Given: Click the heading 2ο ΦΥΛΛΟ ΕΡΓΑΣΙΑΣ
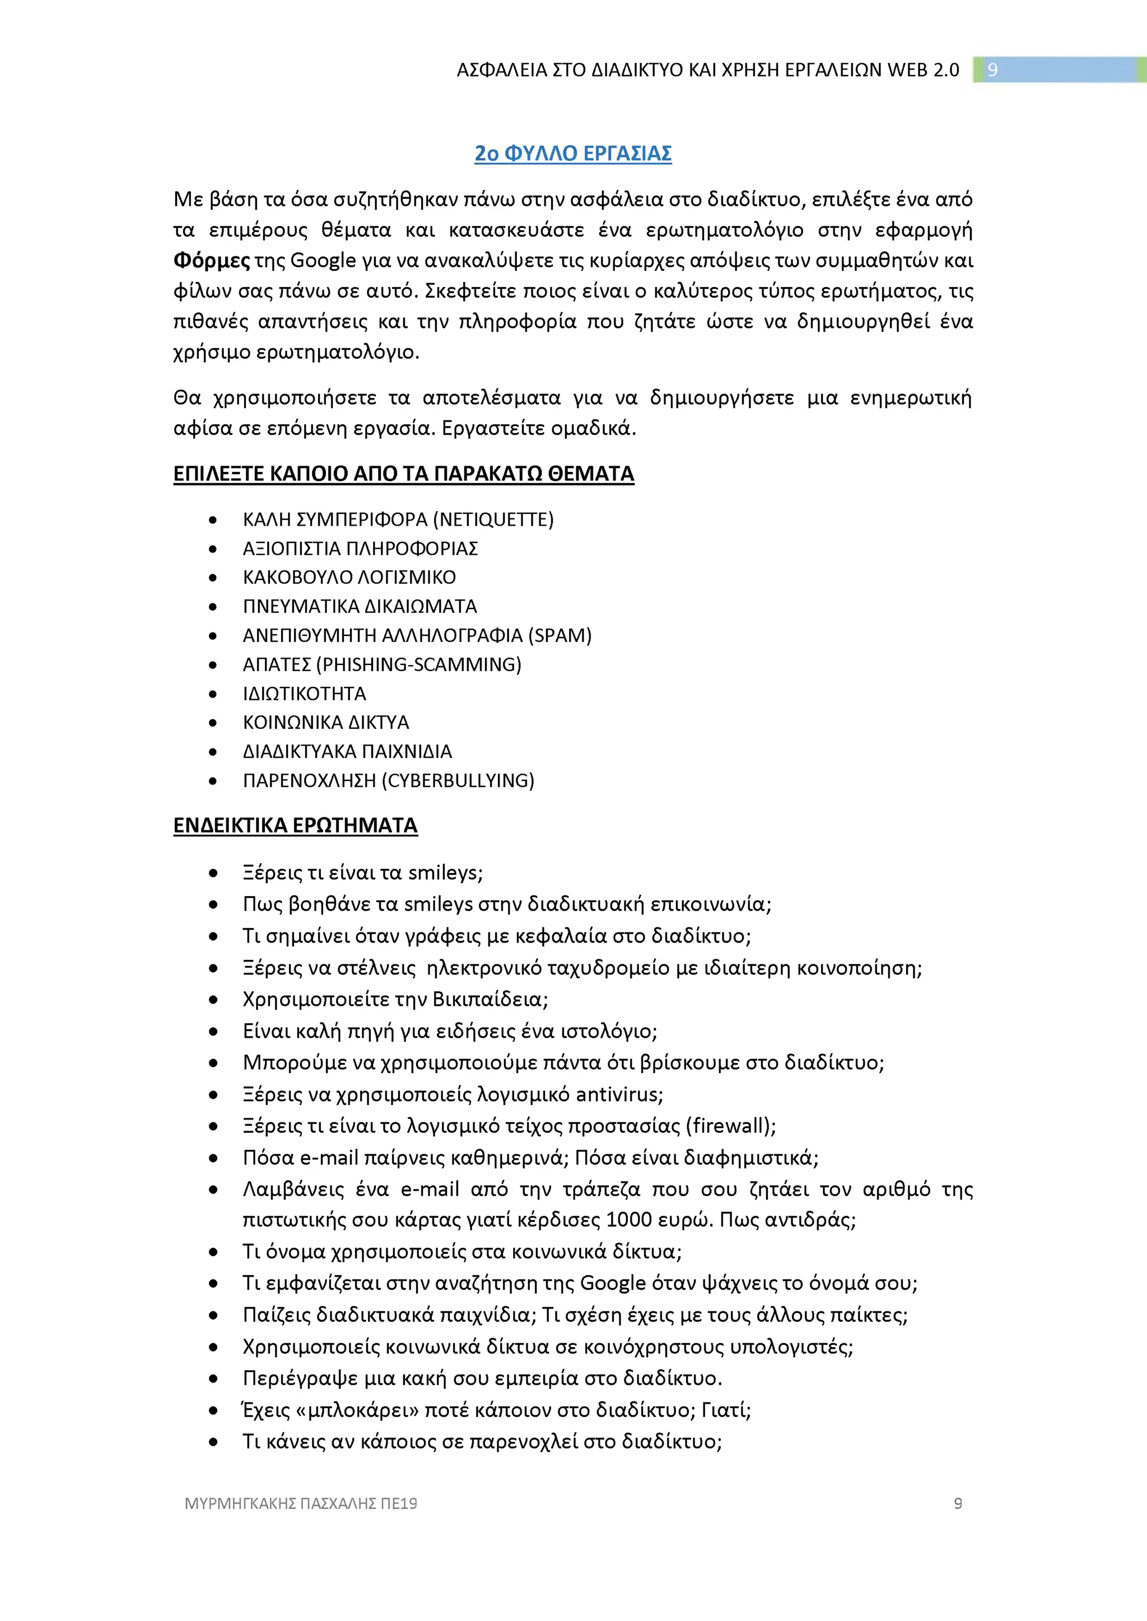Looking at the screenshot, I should pos(573,153).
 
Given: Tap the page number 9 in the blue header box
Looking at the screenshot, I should pos(992,70).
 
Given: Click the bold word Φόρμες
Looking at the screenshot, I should pos(211,260).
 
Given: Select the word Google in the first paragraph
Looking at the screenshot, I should pos(323,260).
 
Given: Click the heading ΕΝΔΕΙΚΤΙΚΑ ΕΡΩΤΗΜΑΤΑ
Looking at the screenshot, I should pos(295,824).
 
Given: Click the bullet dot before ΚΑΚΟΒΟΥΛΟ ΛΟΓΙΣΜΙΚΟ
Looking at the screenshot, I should pos(213,578).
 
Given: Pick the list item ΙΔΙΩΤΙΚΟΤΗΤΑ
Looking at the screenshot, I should pos(305,694).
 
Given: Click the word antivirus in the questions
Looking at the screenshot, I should pos(617,1094).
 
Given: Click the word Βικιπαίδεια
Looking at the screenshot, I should pos(487,999).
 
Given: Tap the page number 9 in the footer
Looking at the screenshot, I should pos(958,1504).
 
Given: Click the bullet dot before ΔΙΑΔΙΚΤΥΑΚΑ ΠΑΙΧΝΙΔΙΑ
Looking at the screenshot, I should pos(213,752).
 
